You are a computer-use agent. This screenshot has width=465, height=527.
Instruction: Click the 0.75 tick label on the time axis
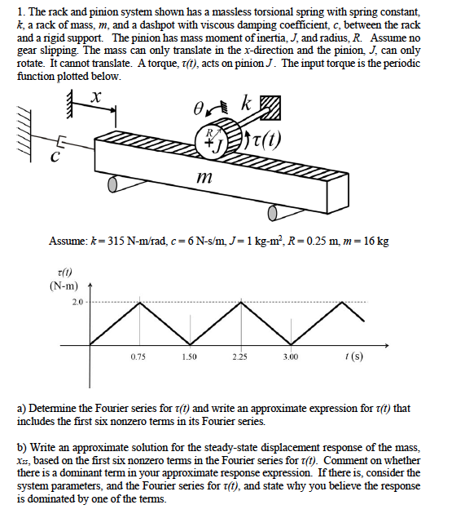click(138, 356)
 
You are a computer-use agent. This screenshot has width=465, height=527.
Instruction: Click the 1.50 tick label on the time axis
click(189, 356)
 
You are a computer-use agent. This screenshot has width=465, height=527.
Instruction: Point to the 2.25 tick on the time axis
click(239, 356)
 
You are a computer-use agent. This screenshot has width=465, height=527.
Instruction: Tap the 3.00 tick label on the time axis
click(290, 356)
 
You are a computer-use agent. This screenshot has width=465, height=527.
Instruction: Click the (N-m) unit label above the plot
click(63, 286)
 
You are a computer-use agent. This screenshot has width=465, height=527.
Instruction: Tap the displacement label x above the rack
click(96, 95)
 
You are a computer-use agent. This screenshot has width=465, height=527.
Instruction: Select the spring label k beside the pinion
click(247, 104)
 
